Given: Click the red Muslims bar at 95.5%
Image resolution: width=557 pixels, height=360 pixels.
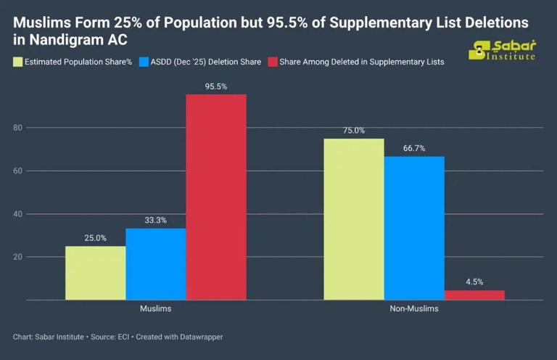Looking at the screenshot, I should click(216, 197).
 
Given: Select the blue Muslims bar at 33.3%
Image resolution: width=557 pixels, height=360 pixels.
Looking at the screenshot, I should click(156, 263).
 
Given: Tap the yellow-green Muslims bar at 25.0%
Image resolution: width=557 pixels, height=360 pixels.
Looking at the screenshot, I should click(95, 273).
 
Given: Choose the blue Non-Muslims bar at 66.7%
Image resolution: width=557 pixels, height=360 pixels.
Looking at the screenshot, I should click(414, 228).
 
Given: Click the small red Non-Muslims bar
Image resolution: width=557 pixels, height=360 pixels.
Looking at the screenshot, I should click(474, 295).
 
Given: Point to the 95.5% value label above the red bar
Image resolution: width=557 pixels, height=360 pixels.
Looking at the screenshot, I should click(216, 86).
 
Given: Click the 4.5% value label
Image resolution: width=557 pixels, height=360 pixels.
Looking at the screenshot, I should click(474, 282).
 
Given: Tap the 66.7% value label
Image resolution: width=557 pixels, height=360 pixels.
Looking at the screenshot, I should click(414, 148).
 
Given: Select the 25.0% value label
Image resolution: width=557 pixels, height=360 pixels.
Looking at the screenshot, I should click(95, 237).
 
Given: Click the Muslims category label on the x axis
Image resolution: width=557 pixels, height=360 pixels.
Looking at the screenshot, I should click(156, 309).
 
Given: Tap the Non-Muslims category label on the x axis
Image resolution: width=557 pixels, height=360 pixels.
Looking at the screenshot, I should click(414, 309).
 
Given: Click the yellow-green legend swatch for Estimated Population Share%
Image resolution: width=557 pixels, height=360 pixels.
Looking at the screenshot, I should click(18, 62).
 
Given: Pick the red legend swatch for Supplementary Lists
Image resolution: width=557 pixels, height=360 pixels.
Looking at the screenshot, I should click(273, 62).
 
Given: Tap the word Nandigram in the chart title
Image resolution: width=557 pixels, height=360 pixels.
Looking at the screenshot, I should click(62, 40).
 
